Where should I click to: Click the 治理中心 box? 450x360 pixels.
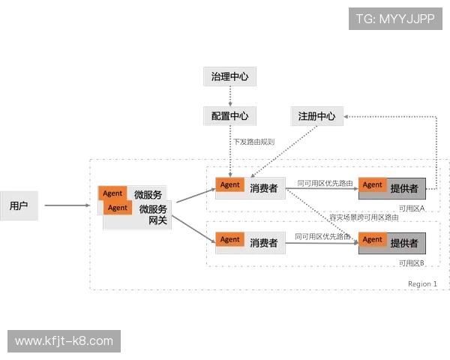click(x=229, y=76)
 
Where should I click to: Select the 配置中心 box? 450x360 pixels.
click(x=229, y=116)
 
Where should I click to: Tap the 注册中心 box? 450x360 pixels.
click(x=316, y=116)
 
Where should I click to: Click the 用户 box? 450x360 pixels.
click(x=19, y=205)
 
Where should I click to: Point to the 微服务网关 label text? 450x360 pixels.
click(x=153, y=214)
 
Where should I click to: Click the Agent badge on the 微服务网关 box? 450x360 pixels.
click(x=118, y=208)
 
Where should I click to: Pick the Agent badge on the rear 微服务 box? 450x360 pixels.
click(x=112, y=193)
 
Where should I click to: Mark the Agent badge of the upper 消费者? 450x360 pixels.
click(x=230, y=185)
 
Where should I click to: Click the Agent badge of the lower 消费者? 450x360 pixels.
click(x=230, y=240)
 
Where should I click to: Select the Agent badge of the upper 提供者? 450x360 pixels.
click(x=372, y=185)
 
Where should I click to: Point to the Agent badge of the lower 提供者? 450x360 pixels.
click(x=372, y=240)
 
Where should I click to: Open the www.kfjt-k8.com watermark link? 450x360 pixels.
click(x=64, y=341)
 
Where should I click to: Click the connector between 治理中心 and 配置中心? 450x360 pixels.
click(x=229, y=96)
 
